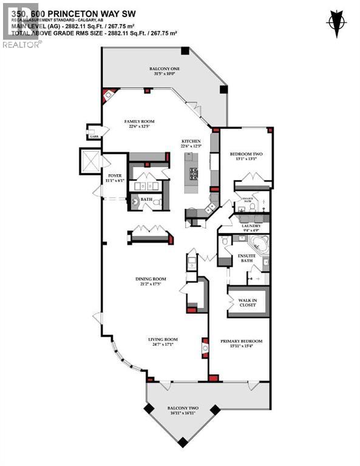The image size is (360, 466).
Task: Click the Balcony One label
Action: (x=165, y=69)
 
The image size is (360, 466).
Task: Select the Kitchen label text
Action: (x=190, y=141)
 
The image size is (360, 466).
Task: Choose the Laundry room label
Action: (x=250, y=225)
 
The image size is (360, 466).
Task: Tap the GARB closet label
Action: (x=93, y=137)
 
